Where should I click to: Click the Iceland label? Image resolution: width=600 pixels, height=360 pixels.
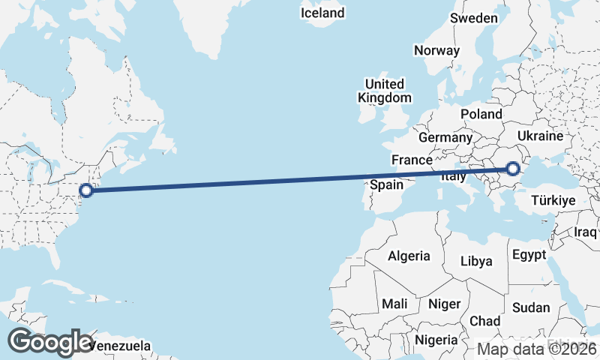(322, 13)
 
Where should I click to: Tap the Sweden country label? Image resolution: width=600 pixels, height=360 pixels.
(474, 18)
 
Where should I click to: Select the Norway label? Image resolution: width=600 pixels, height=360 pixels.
(436, 51)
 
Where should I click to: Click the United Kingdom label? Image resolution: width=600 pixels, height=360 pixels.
(385, 91)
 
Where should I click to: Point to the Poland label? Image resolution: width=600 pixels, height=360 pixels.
(481, 114)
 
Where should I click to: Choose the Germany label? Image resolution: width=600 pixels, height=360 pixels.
(445, 138)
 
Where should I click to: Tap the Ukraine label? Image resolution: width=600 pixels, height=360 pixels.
(540, 136)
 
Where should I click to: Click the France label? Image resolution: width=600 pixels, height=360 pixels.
(412, 160)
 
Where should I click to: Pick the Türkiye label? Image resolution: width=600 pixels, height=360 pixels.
(553, 200)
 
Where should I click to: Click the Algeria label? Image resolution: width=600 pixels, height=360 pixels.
(409, 256)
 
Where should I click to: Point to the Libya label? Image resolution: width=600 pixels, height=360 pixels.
(476, 261)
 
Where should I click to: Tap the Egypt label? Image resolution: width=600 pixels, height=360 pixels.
(529, 255)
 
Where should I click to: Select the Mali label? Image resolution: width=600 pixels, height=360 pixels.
(394, 304)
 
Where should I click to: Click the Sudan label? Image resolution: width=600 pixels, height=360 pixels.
(531, 307)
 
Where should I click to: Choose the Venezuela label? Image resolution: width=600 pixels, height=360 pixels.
(120, 346)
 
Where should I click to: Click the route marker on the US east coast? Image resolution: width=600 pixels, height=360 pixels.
(86, 190)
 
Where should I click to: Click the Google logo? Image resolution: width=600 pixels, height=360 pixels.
(50, 342)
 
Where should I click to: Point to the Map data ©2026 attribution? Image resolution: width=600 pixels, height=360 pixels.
(537, 349)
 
